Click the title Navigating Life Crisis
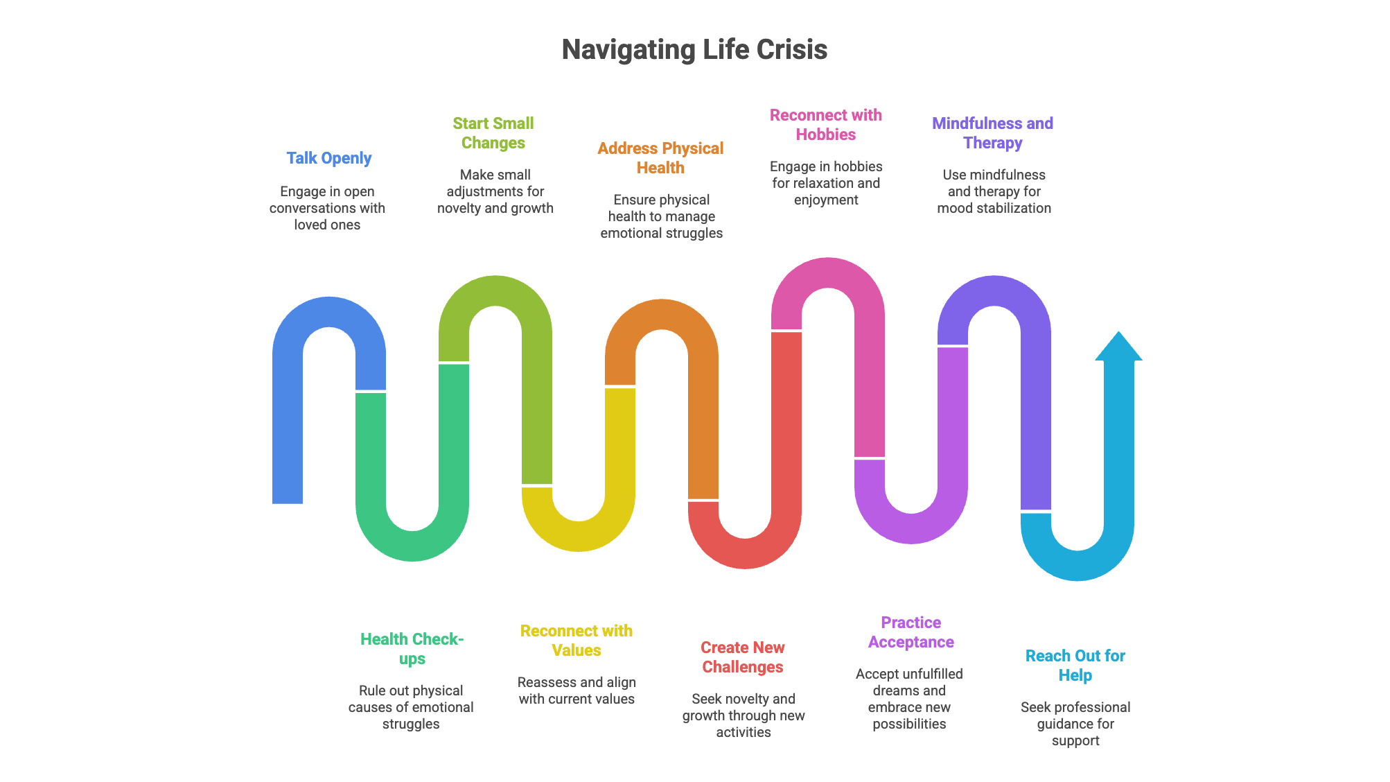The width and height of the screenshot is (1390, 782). [x=694, y=50]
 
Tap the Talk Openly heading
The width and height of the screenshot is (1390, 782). [x=329, y=158]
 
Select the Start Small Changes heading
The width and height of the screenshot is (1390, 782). [x=493, y=133]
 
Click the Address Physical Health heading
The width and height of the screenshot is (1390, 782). [x=660, y=158]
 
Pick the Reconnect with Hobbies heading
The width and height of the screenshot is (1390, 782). [x=826, y=125]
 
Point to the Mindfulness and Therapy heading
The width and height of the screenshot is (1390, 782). [x=992, y=133]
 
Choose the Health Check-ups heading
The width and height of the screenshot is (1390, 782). [x=412, y=649]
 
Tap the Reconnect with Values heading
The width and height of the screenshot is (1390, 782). [x=577, y=641]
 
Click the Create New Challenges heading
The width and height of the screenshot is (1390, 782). [x=743, y=657]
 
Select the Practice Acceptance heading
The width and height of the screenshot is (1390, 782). [x=910, y=632]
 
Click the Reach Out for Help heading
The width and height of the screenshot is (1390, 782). [x=1075, y=666]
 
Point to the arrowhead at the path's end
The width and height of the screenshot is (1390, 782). [x=1118, y=347]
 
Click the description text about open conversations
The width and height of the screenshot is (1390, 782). [x=327, y=208]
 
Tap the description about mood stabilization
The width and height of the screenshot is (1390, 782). [x=994, y=191]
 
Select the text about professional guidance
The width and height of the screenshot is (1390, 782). [x=1075, y=724]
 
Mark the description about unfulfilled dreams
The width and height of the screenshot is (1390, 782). [x=909, y=699]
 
